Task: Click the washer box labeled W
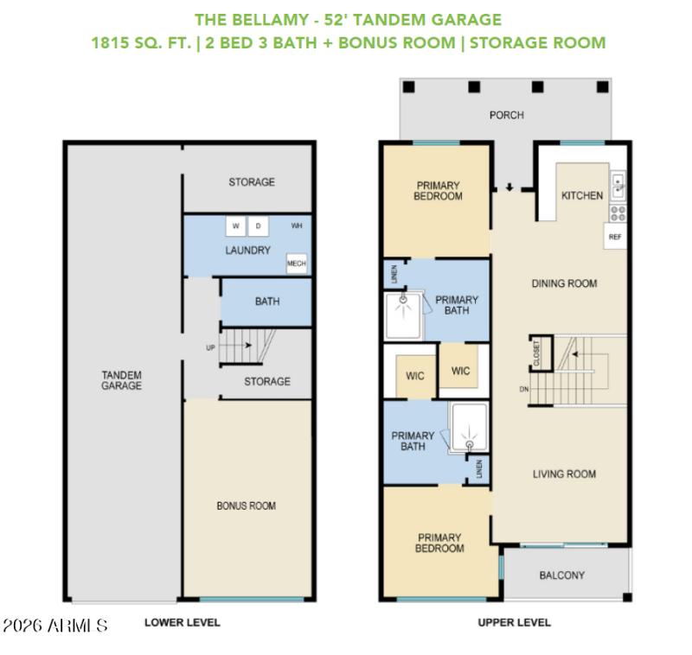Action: coord(236,226)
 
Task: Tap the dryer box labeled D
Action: coord(258,226)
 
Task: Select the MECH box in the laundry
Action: coord(296,264)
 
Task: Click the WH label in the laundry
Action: coord(297,226)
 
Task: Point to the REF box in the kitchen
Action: coord(615,236)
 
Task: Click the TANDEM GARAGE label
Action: coord(121,380)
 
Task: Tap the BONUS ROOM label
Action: coord(247,506)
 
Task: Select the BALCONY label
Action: coord(562,576)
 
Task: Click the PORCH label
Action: coord(507,115)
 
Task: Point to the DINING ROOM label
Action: coord(564,283)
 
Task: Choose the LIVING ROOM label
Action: coord(564,474)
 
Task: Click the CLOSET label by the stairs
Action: coord(536,354)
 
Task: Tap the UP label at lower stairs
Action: coord(209,348)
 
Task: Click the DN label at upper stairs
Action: coord(523,390)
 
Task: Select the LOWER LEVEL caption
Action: coord(182,622)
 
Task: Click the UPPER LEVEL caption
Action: coord(514,622)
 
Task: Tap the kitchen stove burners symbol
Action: coord(618,210)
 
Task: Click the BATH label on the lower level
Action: coord(266,302)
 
